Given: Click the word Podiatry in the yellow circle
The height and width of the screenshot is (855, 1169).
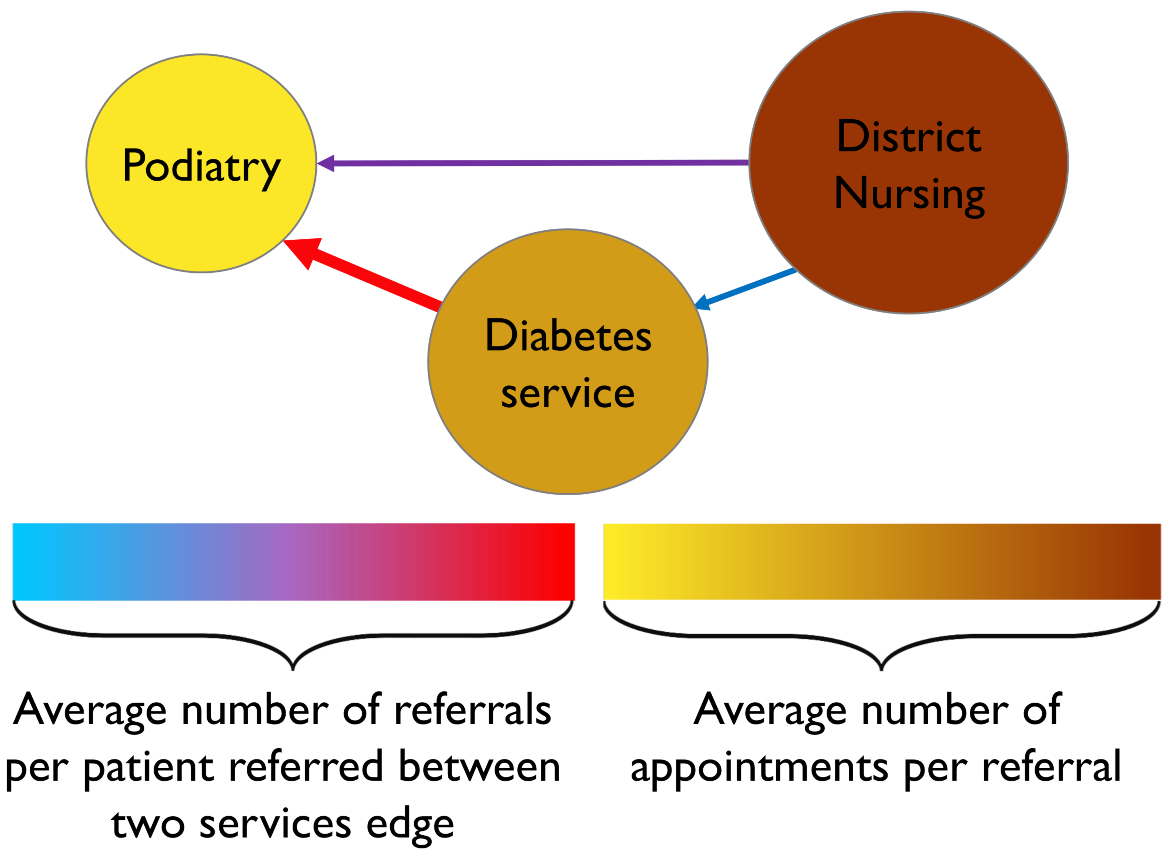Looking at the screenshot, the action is pos(201,167).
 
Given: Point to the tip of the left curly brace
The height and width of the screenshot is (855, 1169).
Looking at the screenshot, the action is pos(293,670).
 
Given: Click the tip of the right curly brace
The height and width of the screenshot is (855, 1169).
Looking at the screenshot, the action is pos(882,670).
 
